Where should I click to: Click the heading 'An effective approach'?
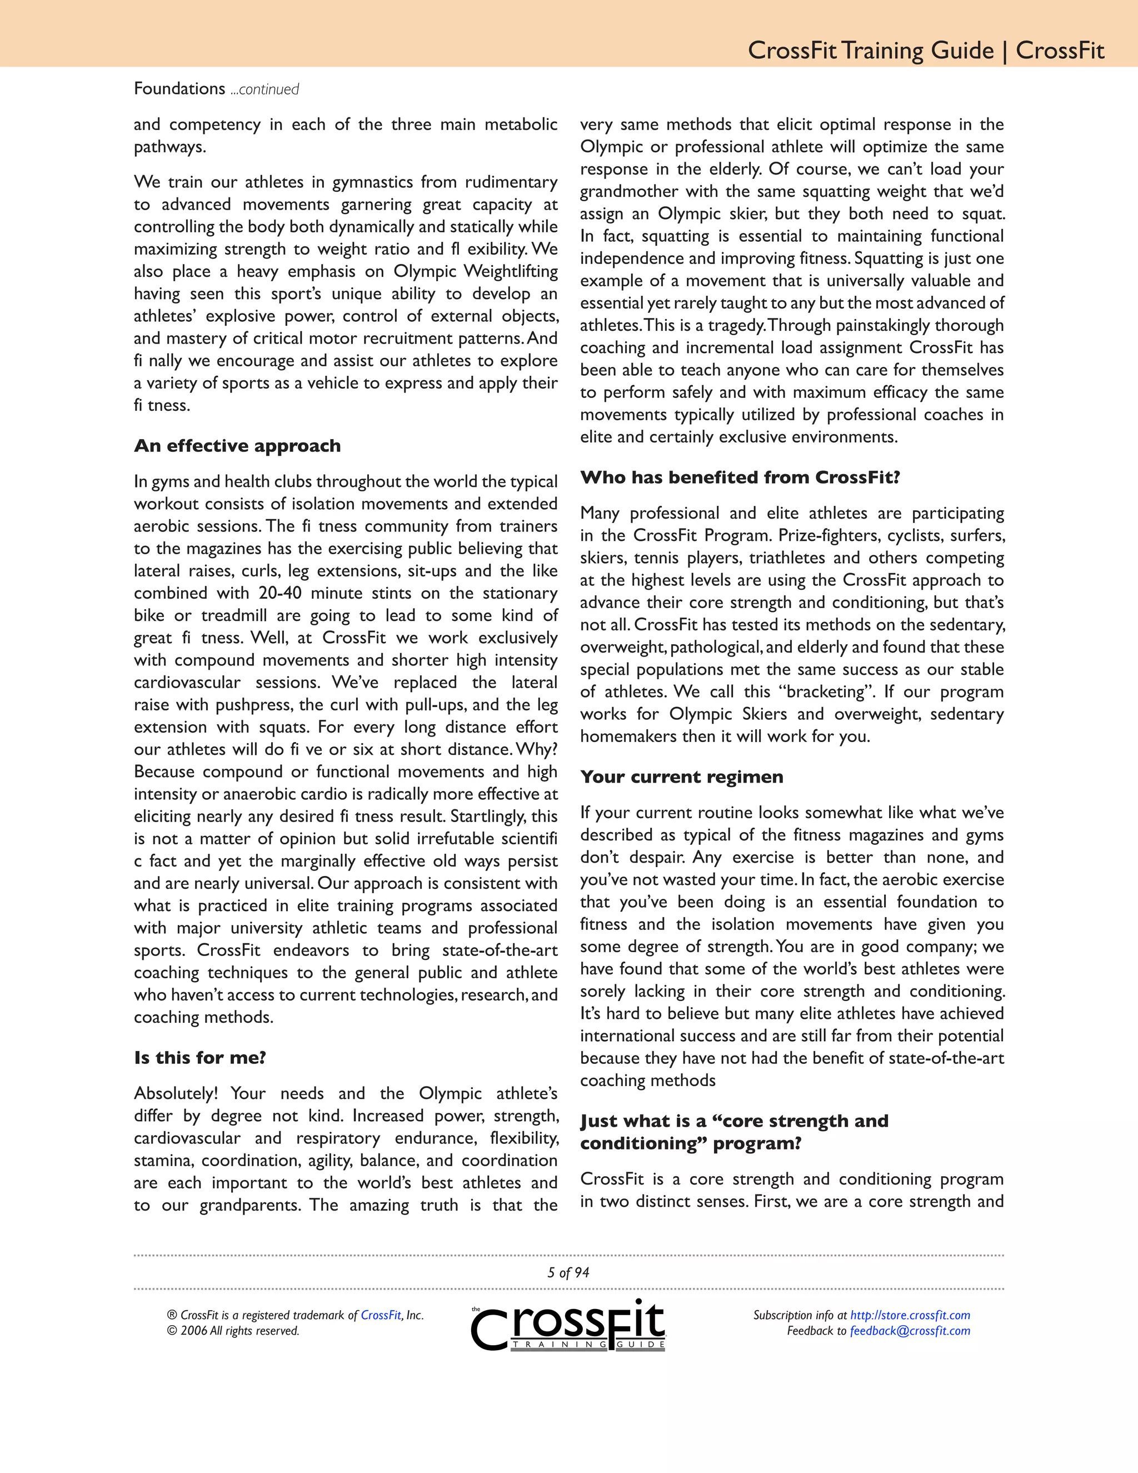[237, 446]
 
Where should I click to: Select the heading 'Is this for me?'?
[200, 1058]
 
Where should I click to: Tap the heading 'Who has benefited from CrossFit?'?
[740, 477]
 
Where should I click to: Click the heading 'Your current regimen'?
[682, 777]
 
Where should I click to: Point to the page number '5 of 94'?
[568, 1273]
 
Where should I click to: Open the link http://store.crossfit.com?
[910, 1315]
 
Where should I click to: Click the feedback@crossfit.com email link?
[910, 1331]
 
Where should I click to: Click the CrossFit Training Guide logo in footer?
[568, 1326]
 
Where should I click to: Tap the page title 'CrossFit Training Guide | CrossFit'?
[926, 51]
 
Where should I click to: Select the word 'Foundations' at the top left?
[179, 88]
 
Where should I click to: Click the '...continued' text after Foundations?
[264, 89]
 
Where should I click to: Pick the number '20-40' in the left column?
[280, 593]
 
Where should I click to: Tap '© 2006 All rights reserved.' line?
[233, 1331]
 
